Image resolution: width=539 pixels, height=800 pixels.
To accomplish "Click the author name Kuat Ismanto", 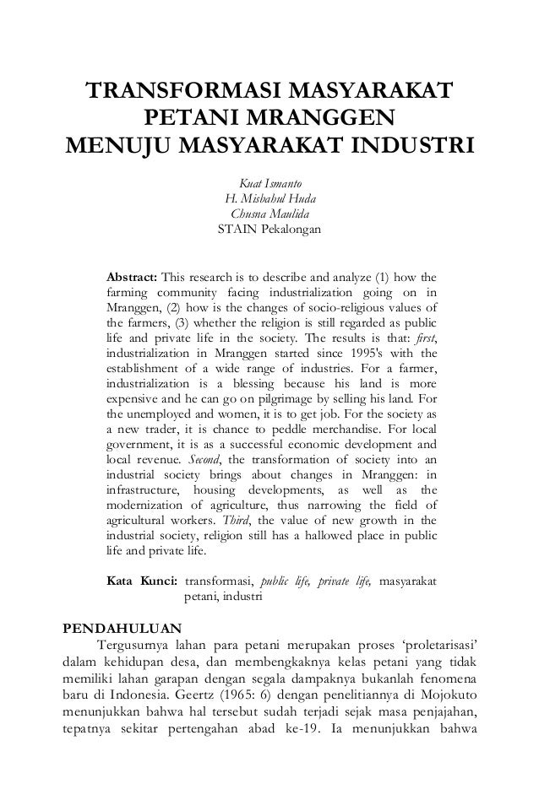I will coord(270,185).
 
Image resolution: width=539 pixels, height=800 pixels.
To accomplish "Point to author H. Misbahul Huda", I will coord(270,199).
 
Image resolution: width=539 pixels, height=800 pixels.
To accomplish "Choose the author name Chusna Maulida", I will coord(270,214).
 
